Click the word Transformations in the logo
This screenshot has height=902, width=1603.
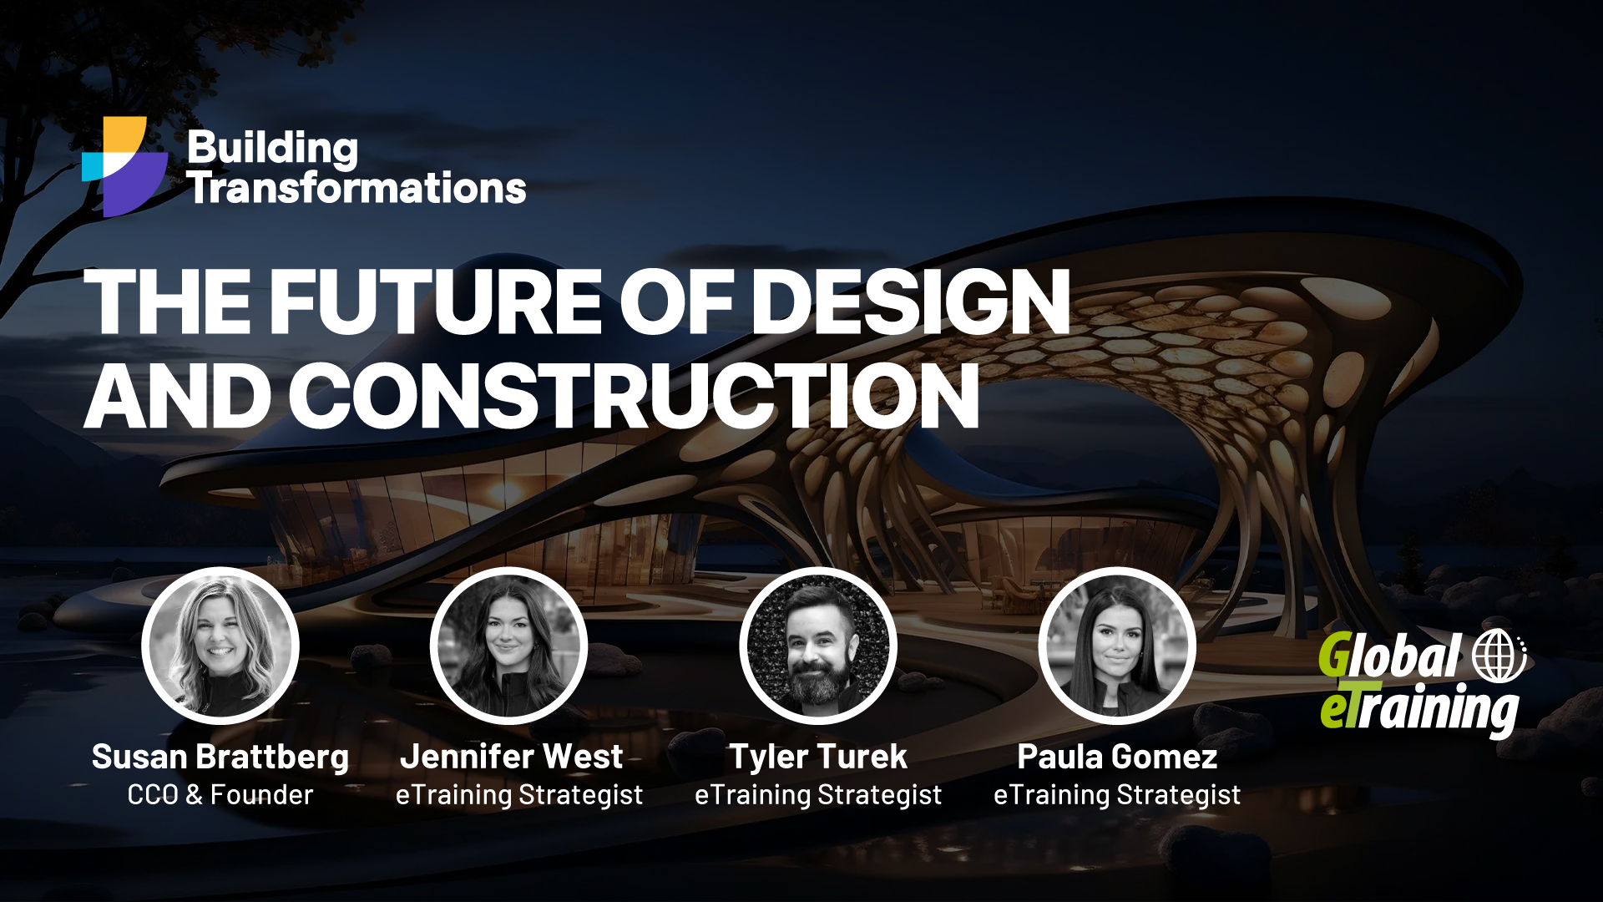click(357, 188)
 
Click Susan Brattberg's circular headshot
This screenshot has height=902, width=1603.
click(220, 646)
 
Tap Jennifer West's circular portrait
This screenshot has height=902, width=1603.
click(508, 646)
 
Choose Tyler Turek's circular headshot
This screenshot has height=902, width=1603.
click(818, 646)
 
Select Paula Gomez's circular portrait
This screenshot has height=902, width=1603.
click(1117, 646)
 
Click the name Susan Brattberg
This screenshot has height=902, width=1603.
click(220, 757)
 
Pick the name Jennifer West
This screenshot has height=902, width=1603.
click(511, 757)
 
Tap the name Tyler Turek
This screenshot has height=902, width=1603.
click(818, 757)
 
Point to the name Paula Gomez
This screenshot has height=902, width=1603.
click(1117, 757)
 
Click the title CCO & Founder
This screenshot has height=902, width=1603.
click(220, 795)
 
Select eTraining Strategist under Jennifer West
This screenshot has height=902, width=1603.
click(519, 795)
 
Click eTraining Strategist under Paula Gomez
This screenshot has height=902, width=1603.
click(1117, 795)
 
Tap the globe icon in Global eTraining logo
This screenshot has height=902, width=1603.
click(1498, 655)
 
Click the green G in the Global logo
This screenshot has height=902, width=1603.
click(1334, 656)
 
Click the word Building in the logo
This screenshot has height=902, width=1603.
click(272, 148)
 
